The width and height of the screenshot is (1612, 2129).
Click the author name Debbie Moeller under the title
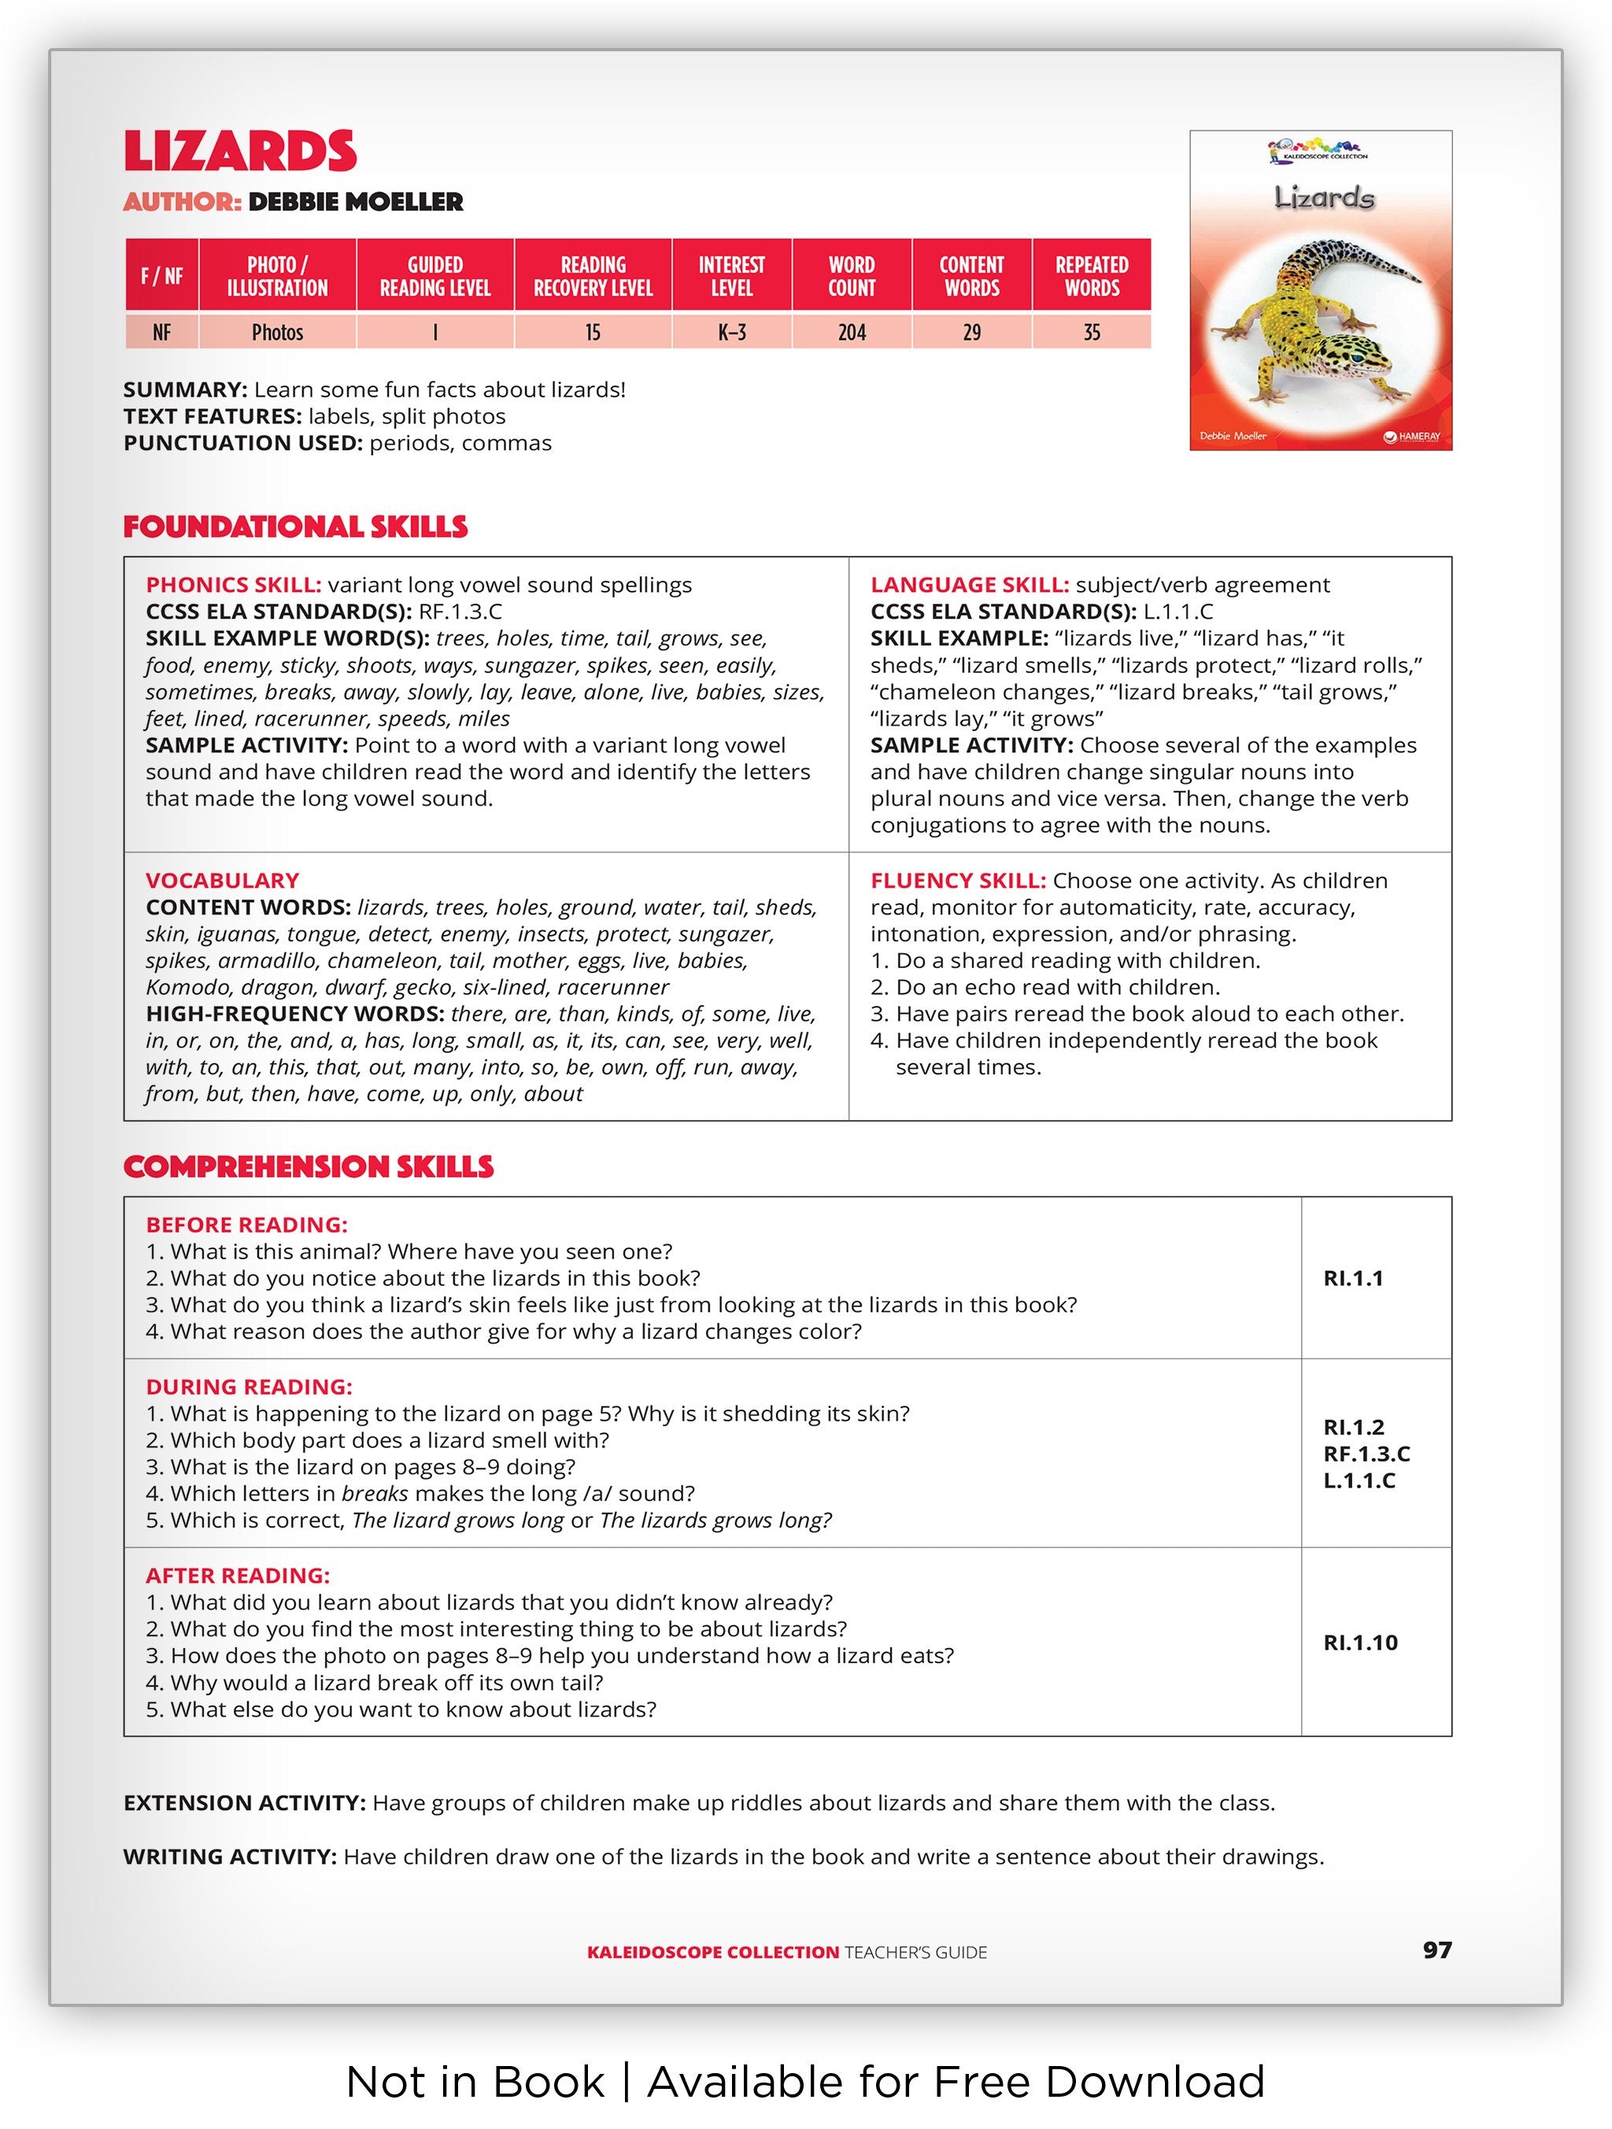point(355,202)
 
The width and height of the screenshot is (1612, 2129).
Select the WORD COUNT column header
point(852,276)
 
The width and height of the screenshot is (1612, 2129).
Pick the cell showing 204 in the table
point(852,333)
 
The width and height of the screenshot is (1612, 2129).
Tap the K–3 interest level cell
point(731,333)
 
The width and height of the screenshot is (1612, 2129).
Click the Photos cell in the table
point(277,333)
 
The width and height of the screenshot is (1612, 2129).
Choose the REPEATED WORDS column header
point(1092,276)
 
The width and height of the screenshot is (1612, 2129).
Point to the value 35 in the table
point(1092,333)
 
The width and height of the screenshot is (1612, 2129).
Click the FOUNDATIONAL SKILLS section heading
point(294,527)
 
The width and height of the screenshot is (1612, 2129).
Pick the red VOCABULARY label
point(222,881)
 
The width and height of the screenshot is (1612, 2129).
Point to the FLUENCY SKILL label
point(958,881)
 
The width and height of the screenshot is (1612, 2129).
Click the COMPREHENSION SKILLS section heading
point(308,1167)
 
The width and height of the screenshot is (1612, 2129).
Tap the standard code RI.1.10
point(1360,1643)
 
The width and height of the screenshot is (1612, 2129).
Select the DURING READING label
point(250,1387)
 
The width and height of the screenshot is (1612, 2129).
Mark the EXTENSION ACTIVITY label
point(245,1802)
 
